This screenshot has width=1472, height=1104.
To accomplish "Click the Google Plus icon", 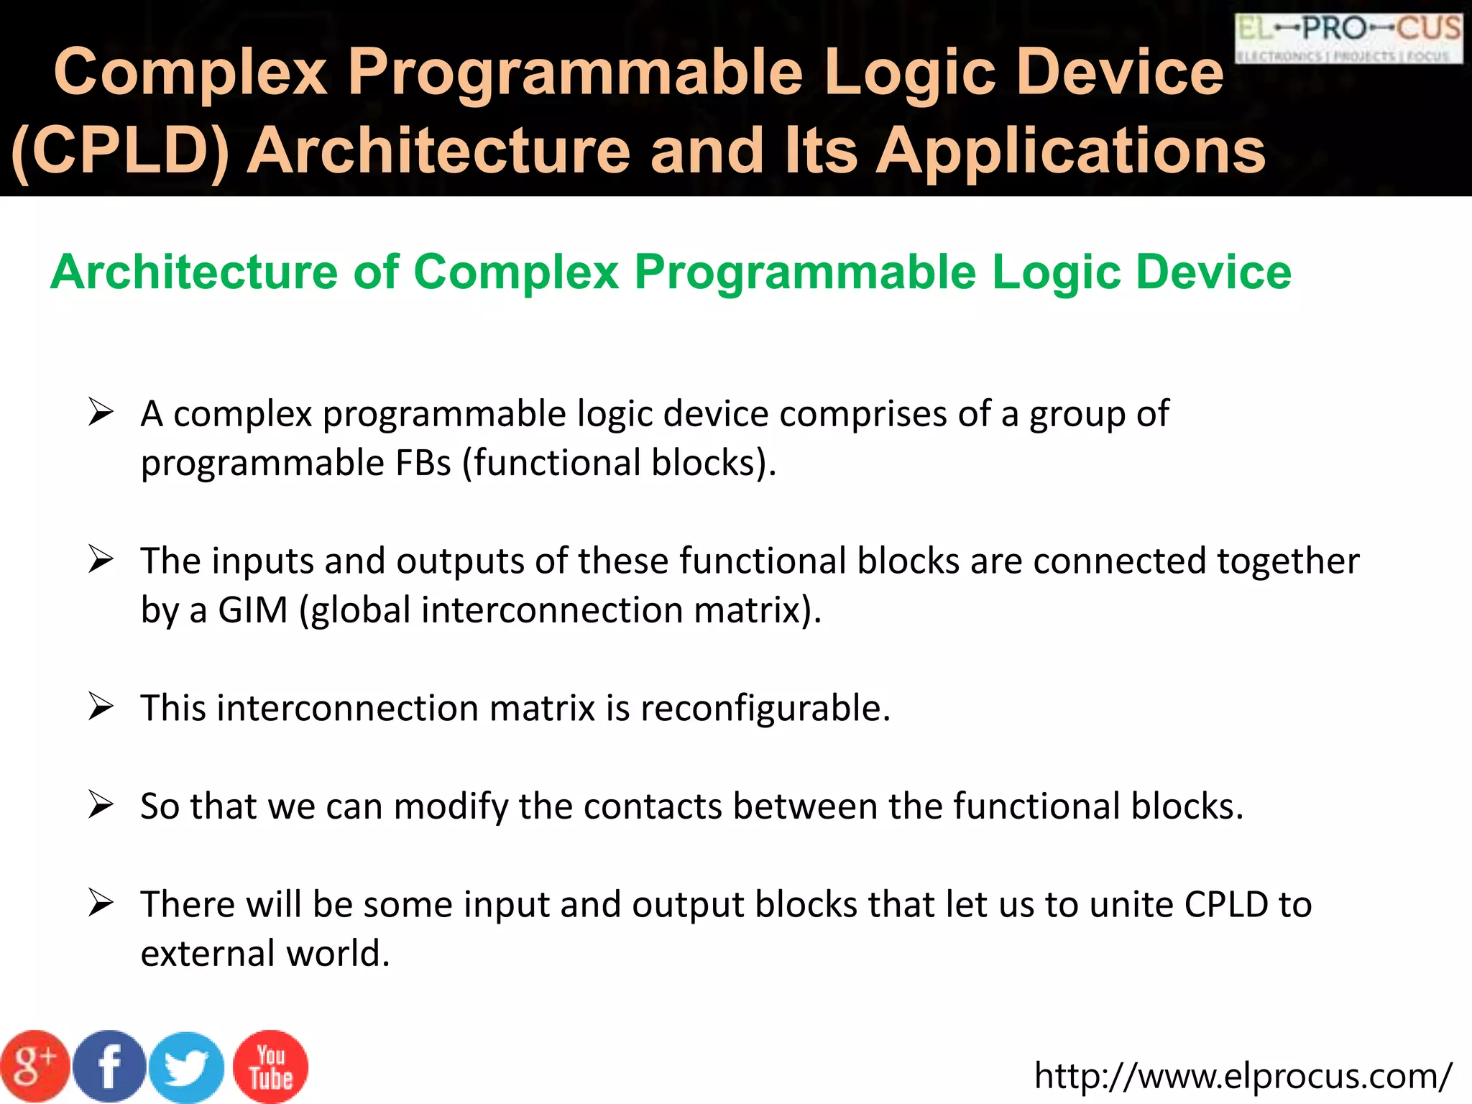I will coord(34,1067).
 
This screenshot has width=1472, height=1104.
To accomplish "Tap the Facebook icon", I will coord(109,1067).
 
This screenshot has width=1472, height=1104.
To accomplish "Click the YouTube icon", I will coord(270,1067).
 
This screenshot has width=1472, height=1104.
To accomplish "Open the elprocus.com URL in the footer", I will coord(1243,1076).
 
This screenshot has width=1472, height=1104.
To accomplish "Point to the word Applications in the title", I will coord(1071,151).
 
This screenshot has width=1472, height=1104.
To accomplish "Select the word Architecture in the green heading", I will coord(194,272).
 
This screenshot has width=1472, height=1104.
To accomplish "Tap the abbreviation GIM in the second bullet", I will coord(252,610).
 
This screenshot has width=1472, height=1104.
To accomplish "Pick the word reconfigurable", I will coord(765,708).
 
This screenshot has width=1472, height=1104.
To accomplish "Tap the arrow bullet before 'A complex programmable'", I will coord(101,413).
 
